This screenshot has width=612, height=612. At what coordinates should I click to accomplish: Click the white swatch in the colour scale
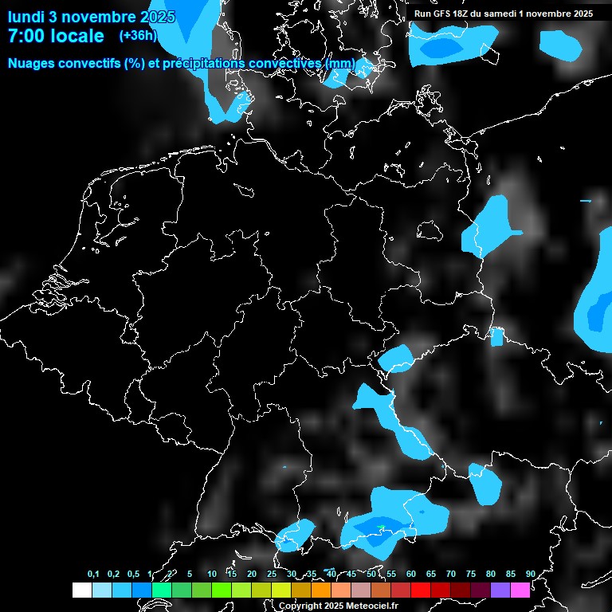tap(82, 590)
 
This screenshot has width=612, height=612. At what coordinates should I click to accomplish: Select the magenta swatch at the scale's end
tap(520, 590)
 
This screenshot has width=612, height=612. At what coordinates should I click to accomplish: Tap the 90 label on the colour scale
tap(531, 575)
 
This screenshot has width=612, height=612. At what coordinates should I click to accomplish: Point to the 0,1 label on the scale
tap(93, 575)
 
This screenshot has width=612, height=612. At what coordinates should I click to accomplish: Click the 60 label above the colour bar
tap(411, 575)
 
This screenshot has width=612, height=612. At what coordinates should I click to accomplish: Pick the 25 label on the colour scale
tap(272, 575)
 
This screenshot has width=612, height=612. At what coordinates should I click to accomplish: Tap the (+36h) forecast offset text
tap(137, 36)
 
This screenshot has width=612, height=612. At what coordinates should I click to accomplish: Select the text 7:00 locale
tap(56, 36)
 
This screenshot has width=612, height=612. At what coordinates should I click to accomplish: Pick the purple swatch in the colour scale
tap(500, 590)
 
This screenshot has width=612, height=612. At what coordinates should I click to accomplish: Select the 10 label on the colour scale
tap(212, 575)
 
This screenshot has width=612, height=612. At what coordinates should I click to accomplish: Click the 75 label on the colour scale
tap(471, 575)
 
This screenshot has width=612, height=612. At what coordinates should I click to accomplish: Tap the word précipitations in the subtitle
tap(202, 63)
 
